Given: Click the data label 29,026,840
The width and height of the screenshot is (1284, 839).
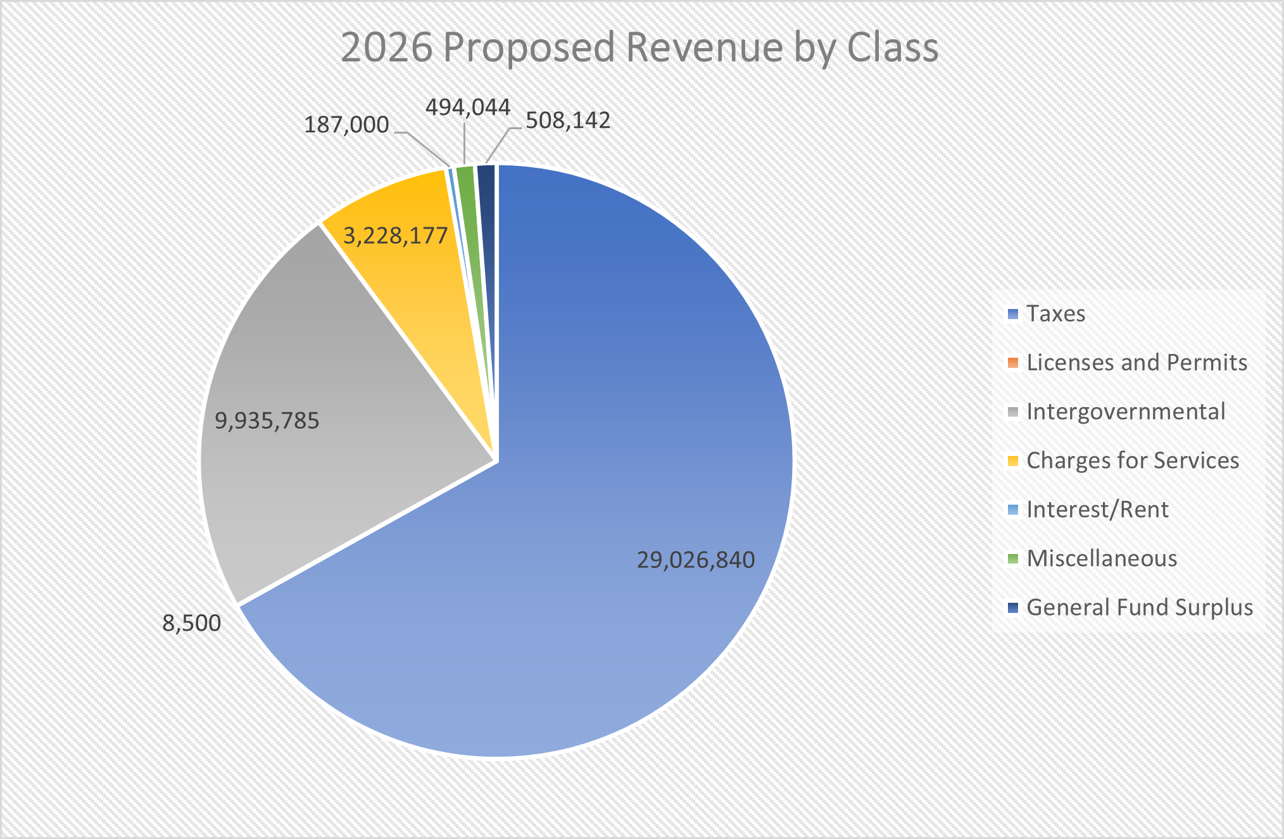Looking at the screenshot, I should pyautogui.click(x=695, y=560).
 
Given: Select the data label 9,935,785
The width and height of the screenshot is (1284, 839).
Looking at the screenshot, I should pyautogui.click(x=267, y=420).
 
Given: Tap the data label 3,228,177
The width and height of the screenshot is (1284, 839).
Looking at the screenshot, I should pyautogui.click(x=396, y=236).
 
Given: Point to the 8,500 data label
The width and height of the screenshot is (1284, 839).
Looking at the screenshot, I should pyautogui.click(x=192, y=623).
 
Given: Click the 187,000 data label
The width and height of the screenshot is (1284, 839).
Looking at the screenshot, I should pyautogui.click(x=346, y=125).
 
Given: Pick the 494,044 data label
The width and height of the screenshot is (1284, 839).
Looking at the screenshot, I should pyautogui.click(x=468, y=108).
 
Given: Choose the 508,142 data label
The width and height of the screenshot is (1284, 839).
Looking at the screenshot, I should pyautogui.click(x=568, y=120).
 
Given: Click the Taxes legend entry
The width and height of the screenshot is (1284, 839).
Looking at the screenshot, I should pyautogui.click(x=1055, y=313).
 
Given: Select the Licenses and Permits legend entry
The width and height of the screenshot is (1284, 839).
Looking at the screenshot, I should pyautogui.click(x=1136, y=362).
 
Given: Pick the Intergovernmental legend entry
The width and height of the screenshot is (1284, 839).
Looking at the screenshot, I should pyautogui.click(x=1125, y=412).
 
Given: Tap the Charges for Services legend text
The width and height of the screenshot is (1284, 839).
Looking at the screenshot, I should pyautogui.click(x=1132, y=460).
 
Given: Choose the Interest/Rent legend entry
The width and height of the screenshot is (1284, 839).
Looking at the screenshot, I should pyautogui.click(x=1097, y=509).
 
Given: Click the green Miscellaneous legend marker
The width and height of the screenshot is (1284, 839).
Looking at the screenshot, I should pyautogui.click(x=1013, y=558).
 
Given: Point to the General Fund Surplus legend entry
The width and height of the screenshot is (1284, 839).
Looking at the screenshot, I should pyautogui.click(x=1139, y=607).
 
